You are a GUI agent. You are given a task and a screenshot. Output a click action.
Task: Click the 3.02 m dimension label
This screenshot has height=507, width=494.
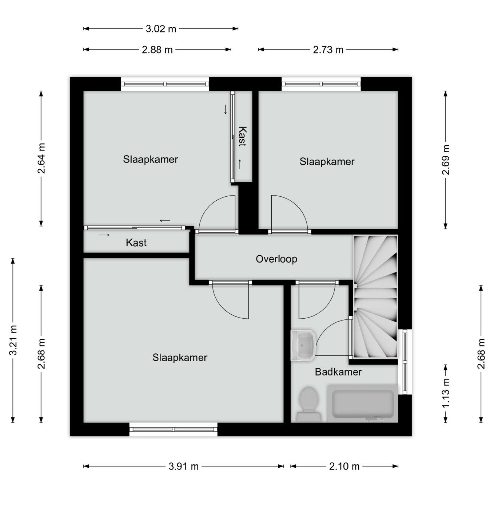pos(161,29)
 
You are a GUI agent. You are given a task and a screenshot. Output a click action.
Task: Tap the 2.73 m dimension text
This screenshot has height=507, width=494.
pos(328,50)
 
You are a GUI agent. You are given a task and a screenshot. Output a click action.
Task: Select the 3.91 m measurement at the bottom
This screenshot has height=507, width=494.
pos(183,466)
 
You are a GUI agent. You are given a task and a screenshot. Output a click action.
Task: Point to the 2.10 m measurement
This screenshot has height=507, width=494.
pos(344,466)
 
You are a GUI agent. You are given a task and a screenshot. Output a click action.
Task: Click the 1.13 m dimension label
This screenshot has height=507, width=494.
pos(446,393)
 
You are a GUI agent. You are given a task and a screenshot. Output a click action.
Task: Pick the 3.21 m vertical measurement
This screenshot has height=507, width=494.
pos(13,340)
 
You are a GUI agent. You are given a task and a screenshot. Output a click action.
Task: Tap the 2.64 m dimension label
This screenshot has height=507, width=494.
pos(41,158)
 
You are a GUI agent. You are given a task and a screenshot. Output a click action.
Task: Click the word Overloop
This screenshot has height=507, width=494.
pos(276,259)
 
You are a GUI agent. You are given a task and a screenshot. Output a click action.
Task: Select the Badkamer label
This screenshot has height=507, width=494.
pos(338,372)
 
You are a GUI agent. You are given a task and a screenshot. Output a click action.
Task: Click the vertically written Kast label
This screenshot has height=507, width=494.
pos(243,136)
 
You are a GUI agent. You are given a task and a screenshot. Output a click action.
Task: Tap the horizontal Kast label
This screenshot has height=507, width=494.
pos(136,243)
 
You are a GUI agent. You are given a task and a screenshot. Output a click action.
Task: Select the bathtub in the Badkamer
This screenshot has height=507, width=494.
pos(363,403)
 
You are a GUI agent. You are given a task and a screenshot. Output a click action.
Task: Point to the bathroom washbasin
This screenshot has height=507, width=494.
pos(303,346)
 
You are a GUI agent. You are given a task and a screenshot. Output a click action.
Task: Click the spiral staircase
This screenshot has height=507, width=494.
pos(376,297)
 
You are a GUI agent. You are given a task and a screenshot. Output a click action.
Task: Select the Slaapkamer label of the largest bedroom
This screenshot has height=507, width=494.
pos(180,357)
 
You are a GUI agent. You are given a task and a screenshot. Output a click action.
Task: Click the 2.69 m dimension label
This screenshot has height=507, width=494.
pos(446,160)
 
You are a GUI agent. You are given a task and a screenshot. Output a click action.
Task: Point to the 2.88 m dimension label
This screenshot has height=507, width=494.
pos(157,50)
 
